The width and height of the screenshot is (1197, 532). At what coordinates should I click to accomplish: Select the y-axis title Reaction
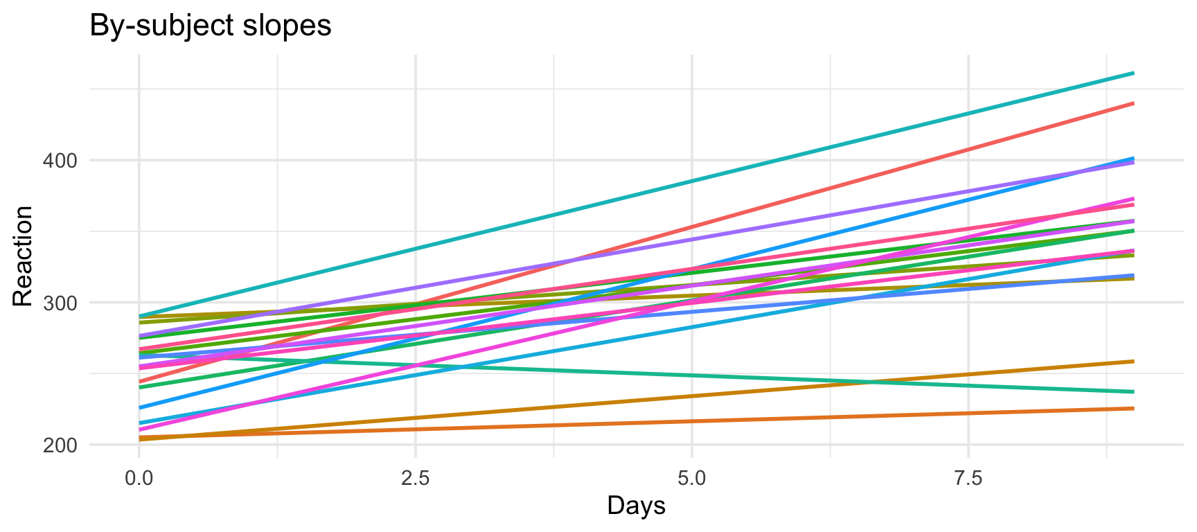point(23,256)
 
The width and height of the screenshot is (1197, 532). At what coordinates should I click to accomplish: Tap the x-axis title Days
point(636,506)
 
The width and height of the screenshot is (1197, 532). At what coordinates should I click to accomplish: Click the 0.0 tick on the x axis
point(139,478)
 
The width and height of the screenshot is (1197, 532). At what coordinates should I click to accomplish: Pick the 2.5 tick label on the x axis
point(415,478)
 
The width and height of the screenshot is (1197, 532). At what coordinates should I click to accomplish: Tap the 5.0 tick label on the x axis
point(691,478)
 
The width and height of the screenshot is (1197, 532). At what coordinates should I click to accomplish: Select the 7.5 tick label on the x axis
point(968,478)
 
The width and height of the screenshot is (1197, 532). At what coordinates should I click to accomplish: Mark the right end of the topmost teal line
point(1133,73)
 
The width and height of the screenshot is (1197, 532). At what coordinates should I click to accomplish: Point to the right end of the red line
point(1133,103)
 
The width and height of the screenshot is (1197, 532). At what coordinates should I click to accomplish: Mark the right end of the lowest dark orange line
point(1133,409)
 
